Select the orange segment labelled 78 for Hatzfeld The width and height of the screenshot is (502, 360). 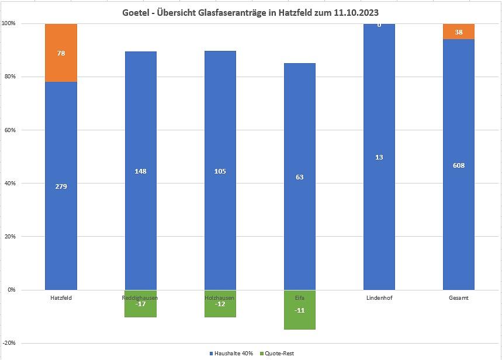click(x=61, y=53)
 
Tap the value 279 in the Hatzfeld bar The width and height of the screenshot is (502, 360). click(x=61, y=186)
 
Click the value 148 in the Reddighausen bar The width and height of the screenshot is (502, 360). click(x=141, y=171)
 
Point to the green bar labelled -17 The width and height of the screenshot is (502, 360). click(x=141, y=304)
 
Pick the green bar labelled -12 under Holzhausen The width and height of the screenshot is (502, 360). click(x=220, y=304)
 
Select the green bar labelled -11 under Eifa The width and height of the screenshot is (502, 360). click(x=300, y=310)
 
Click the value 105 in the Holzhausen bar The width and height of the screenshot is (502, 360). click(x=220, y=171)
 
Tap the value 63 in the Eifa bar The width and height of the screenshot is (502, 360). click(x=300, y=177)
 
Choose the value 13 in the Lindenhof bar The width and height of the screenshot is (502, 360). click(x=379, y=157)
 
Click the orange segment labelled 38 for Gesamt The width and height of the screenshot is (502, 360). click(x=459, y=32)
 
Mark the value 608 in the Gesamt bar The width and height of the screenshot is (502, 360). click(x=459, y=165)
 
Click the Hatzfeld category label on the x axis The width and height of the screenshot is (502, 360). click(x=61, y=297)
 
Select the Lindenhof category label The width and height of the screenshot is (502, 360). click(x=379, y=297)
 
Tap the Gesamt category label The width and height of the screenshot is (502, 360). click(x=459, y=297)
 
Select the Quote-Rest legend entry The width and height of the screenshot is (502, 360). click(x=278, y=354)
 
